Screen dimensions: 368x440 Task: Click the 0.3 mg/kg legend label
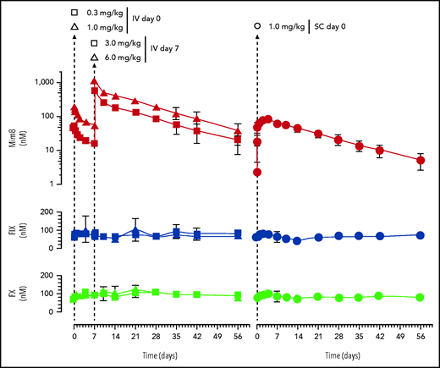(x=105, y=13)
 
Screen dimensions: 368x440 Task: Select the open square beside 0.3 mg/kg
(x=74, y=13)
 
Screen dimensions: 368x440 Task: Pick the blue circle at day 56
(x=421, y=234)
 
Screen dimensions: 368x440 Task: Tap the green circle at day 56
(x=421, y=297)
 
